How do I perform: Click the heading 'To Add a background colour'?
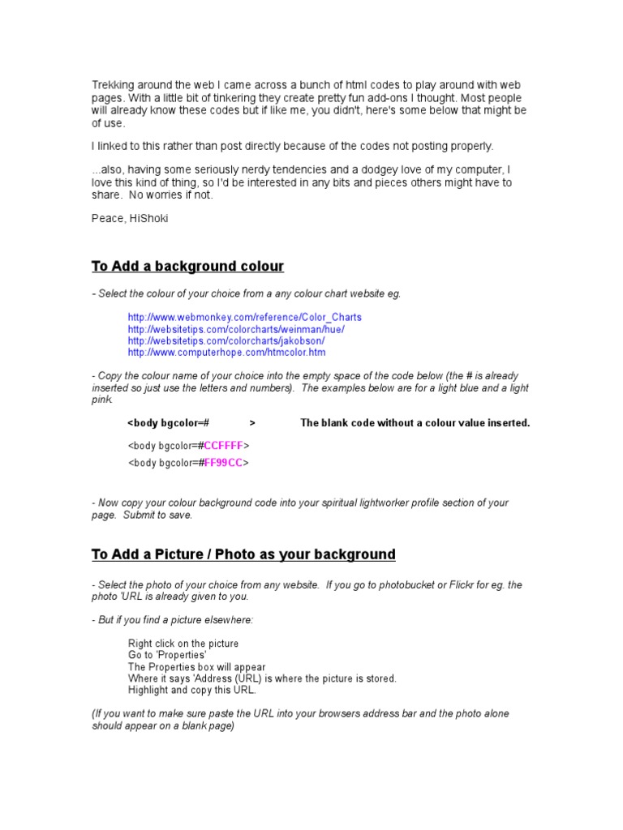pos(187,267)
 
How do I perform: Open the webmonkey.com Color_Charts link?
pos(244,317)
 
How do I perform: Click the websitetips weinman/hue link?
pos(236,329)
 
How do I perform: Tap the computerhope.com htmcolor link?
pos(226,353)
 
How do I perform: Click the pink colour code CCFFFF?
pos(223,446)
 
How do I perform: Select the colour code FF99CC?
pos(223,463)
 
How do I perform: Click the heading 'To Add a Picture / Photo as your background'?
pos(243,554)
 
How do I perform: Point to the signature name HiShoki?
pos(154,218)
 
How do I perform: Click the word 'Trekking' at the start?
pos(111,85)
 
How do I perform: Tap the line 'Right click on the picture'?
pos(183,644)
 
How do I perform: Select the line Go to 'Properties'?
pos(167,655)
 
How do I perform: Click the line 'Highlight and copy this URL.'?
pos(192,691)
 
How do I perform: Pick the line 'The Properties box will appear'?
pos(196,667)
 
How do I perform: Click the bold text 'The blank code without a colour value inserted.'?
pos(415,423)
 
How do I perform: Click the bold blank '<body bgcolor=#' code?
pos(169,423)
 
